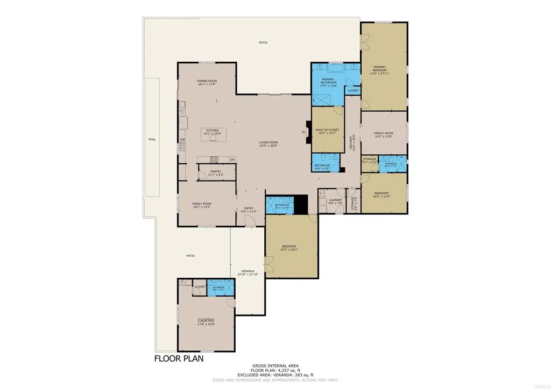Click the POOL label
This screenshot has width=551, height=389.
152,140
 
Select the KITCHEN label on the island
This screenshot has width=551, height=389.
211,131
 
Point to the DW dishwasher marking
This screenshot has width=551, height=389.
182,140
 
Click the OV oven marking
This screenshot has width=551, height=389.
232,160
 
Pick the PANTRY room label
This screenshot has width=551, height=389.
216,172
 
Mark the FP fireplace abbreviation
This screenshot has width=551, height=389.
303,132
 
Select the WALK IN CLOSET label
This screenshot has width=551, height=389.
327,131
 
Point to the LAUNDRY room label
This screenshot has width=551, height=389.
336,201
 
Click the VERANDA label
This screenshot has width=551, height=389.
248,272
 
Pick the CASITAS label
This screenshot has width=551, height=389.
206,320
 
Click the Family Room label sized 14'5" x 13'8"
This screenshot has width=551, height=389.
384,134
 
